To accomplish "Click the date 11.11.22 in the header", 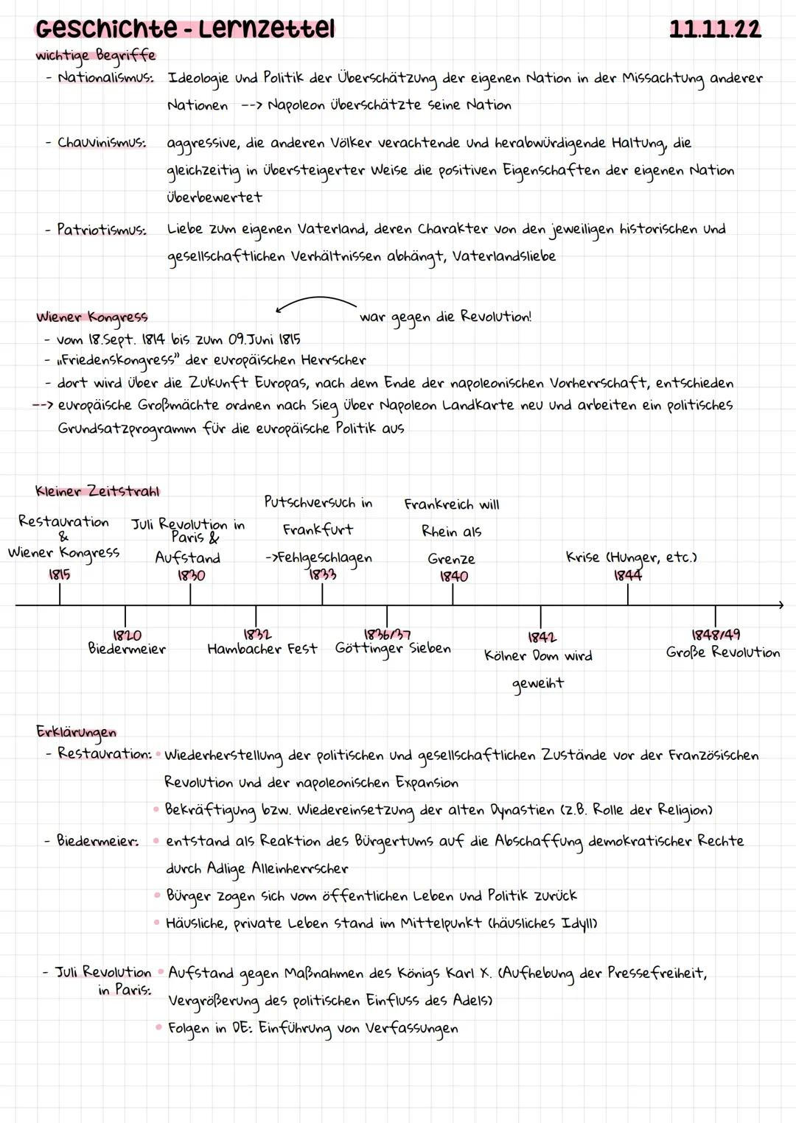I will pos(714,29).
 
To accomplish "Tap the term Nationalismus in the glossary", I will pos(105,77).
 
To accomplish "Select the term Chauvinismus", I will pos(101,143).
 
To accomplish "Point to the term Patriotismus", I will pos(101,230).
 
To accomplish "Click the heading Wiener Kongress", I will pos(92,317).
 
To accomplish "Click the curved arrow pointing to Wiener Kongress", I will pos(315,303).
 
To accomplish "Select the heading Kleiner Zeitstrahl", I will pos(97,491).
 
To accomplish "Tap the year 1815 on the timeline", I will pos(60,574).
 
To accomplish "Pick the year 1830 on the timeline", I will pos(191,576).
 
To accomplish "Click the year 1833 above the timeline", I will pos(322,574).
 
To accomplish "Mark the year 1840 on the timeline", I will pos(453,577).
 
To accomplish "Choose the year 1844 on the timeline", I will pos(627,575).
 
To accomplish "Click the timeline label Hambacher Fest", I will pos(262,649).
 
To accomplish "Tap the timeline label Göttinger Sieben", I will pos(392,649).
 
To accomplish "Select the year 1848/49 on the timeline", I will pos(715,635).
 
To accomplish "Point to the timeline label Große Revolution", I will pos(722,652).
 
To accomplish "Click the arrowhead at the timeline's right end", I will pos(780,605).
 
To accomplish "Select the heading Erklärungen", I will pos(76,732).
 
